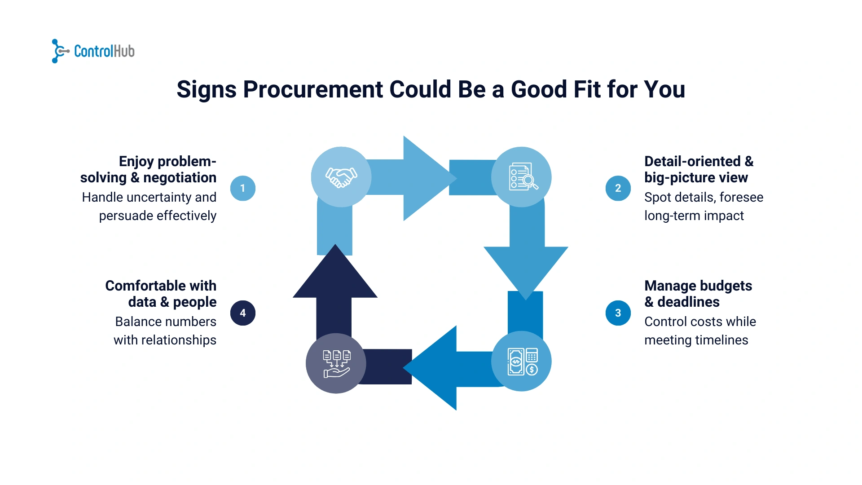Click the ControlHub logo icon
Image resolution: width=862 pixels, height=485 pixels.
[x=59, y=51]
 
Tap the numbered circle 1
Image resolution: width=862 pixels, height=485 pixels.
[x=242, y=188]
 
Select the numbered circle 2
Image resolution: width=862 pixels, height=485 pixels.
[x=618, y=188]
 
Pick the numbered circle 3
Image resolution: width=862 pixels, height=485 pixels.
[x=618, y=313]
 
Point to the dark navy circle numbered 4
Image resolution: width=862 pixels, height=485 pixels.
[x=242, y=313]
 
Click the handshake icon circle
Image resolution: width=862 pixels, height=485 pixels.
[x=341, y=177]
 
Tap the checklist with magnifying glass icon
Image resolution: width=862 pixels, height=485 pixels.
[x=522, y=177]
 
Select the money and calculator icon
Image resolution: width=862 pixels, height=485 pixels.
[x=522, y=362]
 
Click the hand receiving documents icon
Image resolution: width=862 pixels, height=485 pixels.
[x=336, y=363]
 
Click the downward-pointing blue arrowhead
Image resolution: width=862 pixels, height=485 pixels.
[x=526, y=269]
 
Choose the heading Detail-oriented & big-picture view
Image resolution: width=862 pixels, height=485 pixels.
[x=698, y=169]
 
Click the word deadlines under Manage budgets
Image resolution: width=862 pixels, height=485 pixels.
[x=688, y=302]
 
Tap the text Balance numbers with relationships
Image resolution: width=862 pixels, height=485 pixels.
[x=165, y=331]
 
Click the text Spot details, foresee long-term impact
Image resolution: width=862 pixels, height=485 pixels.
[x=703, y=207]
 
